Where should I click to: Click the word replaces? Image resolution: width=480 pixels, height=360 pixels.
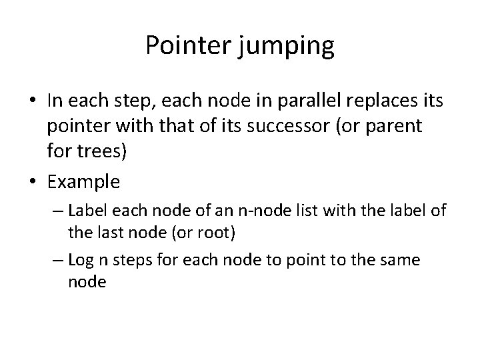pos(371,101)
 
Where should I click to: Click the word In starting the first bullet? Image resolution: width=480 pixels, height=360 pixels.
pos(55,101)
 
